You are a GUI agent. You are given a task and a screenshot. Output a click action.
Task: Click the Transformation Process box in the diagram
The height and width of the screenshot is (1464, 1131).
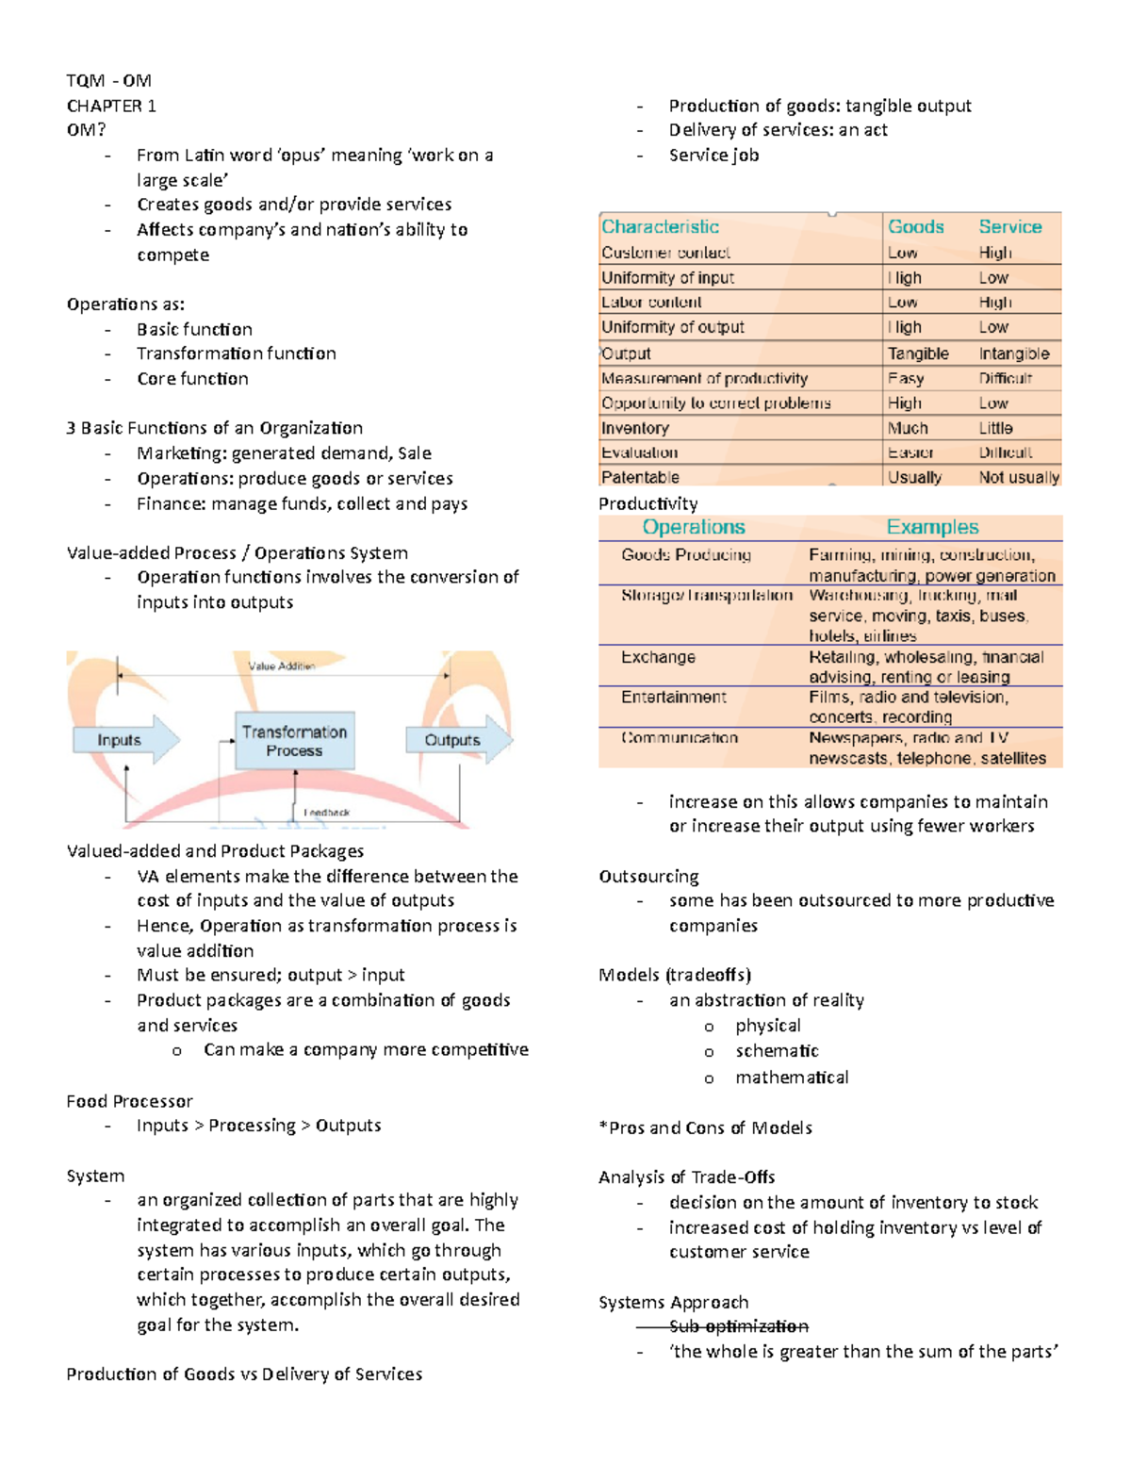tap(294, 741)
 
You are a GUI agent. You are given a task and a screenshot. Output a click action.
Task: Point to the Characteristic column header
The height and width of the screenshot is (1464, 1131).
tap(660, 226)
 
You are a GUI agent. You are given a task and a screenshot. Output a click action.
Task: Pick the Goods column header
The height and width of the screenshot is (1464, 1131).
tap(915, 226)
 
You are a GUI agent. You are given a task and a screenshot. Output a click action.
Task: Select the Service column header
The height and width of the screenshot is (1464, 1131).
tap(1009, 226)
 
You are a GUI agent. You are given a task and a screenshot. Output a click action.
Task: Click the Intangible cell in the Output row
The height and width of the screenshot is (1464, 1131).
tap(1013, 354)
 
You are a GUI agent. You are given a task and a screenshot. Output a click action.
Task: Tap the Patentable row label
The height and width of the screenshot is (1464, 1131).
tap(640, 477)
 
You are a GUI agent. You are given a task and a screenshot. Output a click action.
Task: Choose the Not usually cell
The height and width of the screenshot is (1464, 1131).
tap(1018, 477)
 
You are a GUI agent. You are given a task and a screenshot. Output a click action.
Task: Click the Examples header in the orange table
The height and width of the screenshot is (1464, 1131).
tap(932, 527)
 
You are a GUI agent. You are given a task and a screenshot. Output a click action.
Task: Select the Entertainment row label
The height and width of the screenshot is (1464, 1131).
tap(673, 697)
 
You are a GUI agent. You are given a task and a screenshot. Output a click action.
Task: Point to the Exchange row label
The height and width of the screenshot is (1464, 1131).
tap(658, 657)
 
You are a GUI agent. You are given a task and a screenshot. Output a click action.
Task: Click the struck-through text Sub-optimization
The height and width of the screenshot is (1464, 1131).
tap(738, 1326)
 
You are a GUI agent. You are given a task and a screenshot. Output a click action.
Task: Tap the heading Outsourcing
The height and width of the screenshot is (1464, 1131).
tap(648, 876)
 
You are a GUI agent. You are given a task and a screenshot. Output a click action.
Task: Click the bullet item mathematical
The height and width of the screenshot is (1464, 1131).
tap(792, 1077)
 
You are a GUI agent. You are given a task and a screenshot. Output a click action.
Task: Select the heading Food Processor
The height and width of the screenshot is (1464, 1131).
tap(129, 1101)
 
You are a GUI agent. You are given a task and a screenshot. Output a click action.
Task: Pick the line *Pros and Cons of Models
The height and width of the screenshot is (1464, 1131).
tap(705, 1127)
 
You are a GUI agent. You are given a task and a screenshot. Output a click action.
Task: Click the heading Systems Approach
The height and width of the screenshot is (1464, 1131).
tap(673, 1302)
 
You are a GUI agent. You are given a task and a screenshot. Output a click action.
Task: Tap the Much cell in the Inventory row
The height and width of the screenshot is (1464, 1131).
tap(907, 428)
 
